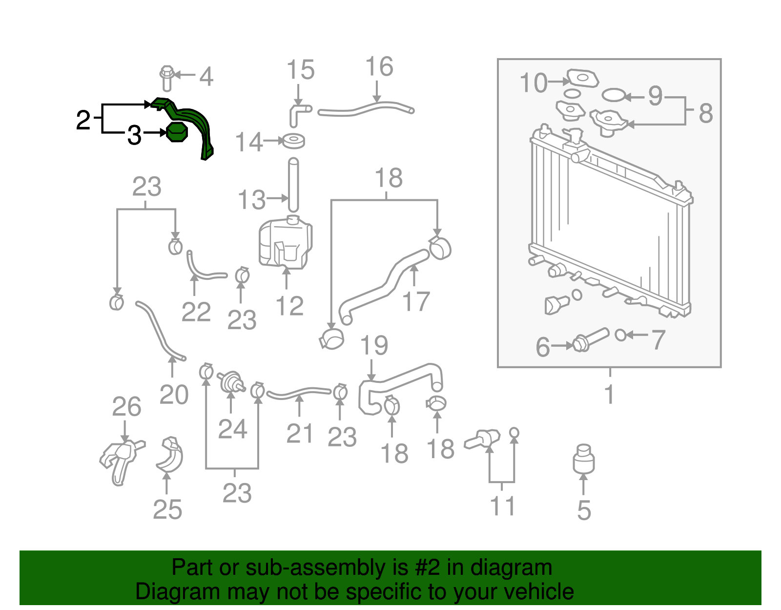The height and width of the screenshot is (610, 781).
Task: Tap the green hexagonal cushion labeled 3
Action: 176,132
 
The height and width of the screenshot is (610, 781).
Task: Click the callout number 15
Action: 300,70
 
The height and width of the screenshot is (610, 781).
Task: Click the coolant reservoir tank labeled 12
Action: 285,243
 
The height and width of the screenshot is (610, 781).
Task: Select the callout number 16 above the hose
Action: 379,67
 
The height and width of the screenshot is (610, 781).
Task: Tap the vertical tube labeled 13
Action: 293,185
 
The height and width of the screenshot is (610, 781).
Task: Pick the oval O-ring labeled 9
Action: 614,95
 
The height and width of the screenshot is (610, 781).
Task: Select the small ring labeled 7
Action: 620,335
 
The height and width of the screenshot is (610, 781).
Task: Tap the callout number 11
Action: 502,506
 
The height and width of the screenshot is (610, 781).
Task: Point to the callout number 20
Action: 174,395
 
